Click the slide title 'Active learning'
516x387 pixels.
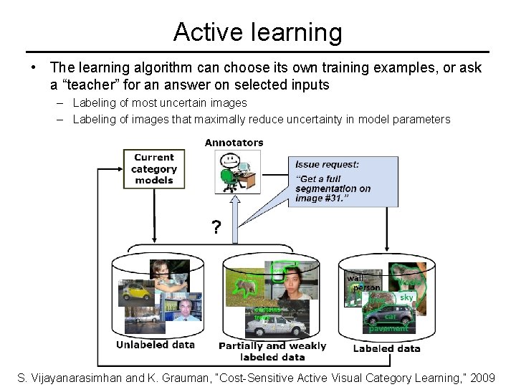(x=257, y=32)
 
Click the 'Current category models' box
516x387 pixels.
(x=153, y=169)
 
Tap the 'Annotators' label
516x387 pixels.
(x=234, y=143)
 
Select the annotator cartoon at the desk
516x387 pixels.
(x=234, y=172)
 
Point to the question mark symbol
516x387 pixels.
(x=216, y=229)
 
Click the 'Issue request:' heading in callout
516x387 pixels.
(x=327, y=164)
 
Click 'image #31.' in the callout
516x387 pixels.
(x=320, y=199)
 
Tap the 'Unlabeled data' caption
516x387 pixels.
(x=155, y=345)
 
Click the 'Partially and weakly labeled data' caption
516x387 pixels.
(x=272, y=351)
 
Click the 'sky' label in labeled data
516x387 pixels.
(x=406, y=297)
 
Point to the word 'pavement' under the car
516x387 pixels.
(x=388, y=328)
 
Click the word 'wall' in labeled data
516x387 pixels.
(x=355, y=278)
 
